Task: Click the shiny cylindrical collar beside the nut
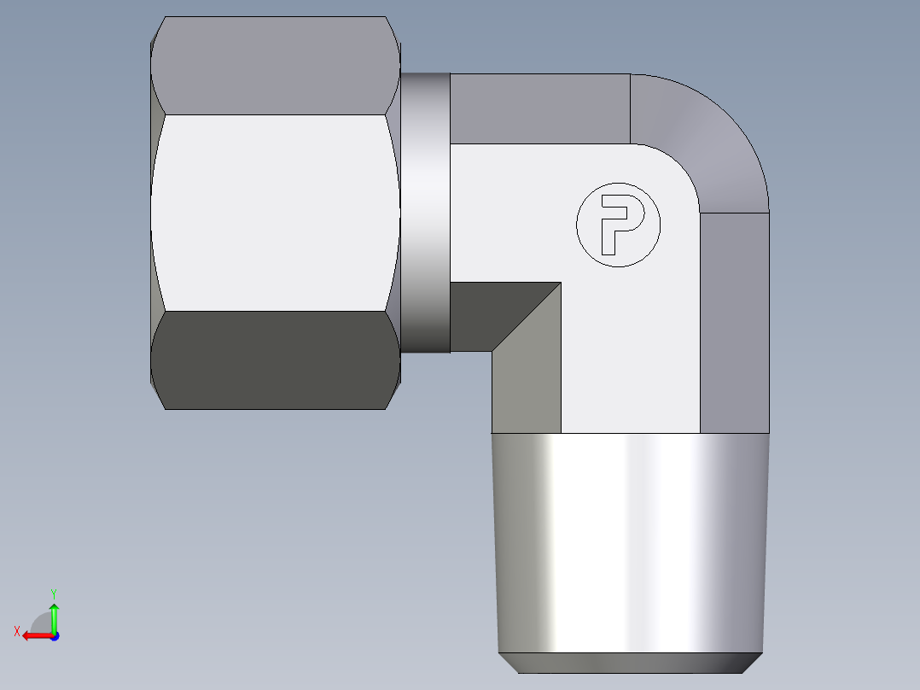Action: coord(425,213)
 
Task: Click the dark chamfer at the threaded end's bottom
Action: coord(630,663)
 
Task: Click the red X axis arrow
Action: coord(34,635)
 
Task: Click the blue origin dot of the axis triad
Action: coord(54,635)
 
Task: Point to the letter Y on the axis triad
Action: coord(53,593)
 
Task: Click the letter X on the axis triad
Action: coord(16,632)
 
